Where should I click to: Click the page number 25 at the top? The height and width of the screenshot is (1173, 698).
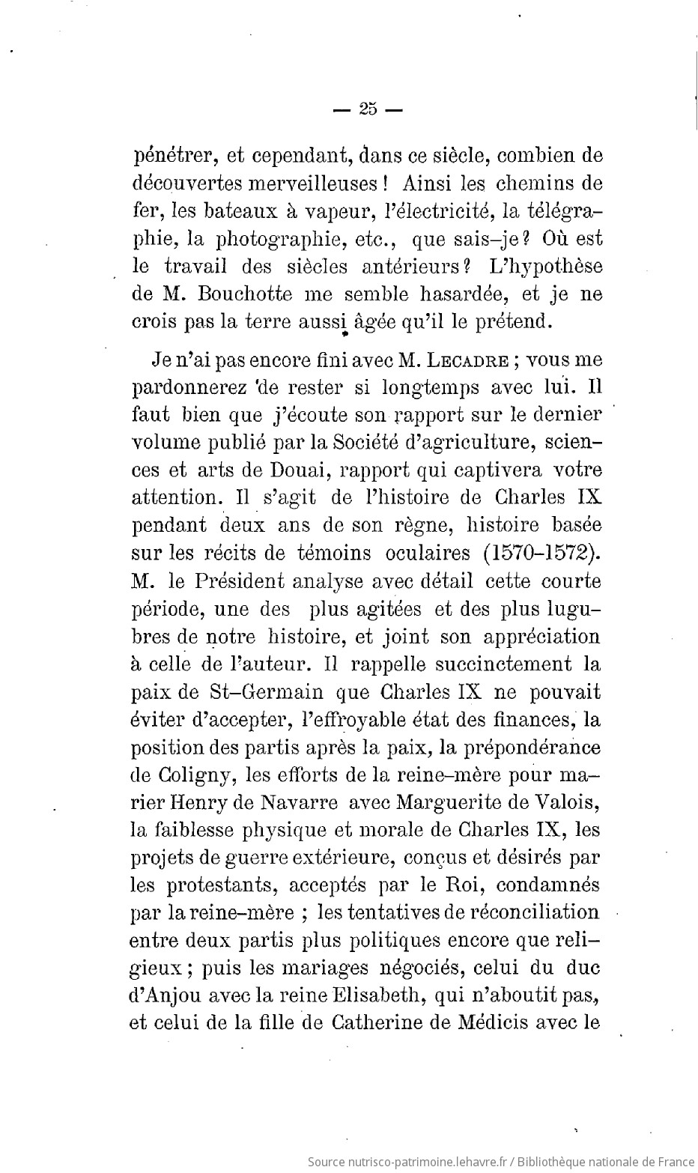coord(367,109)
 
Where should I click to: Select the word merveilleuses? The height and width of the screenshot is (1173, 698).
coord(302,184)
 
